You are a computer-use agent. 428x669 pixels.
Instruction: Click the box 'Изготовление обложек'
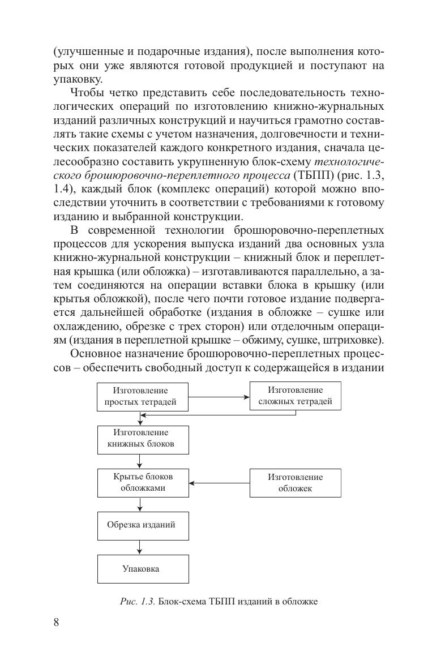[x=295, y=483]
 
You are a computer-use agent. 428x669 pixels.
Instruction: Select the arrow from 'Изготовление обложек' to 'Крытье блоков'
[x=219, y=483]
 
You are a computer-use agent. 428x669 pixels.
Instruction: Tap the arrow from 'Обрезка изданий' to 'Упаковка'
[x=140, y=547]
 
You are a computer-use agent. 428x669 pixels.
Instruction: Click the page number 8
[x=56, y=623]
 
